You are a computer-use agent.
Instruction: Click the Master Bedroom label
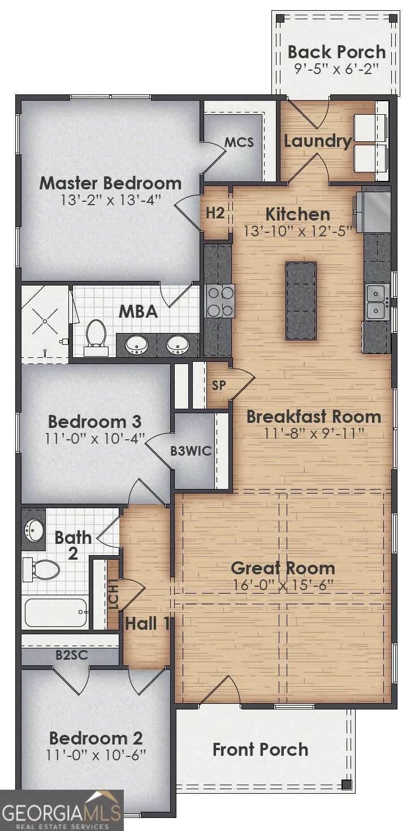pos(110,183)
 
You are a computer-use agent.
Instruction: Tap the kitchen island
pos(301,301)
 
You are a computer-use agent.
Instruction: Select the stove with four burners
pos(220,301)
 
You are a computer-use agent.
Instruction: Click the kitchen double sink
pos(377,302)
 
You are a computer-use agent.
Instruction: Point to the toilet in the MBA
pos(96,337)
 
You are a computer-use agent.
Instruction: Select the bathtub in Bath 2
pos(55,612)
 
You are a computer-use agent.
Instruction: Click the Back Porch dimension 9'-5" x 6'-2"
pos(336,68)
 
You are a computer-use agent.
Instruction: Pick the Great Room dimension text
pos(283,585)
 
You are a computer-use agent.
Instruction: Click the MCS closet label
pos(239,142)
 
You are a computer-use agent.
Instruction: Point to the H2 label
pos(215,213)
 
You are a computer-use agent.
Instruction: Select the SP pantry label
pos(219,385)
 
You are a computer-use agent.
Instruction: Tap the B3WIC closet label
pos(191,451)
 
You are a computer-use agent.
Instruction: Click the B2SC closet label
pos(72,655)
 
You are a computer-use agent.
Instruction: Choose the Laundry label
pos(318,141)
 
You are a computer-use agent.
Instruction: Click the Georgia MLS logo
pos(62,810)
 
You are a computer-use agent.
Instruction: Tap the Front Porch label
pos(260,750)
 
